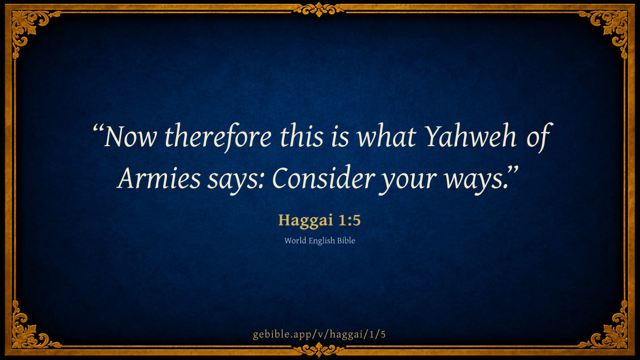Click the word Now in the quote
pos(130,137)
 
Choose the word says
pos(233,181)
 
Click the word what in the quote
pos(387,137)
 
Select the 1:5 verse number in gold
pos(349,220)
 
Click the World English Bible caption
pos(319,241)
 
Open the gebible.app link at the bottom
pos(319,334)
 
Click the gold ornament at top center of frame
pos(319,10)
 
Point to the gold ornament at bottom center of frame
pos(319,350)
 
